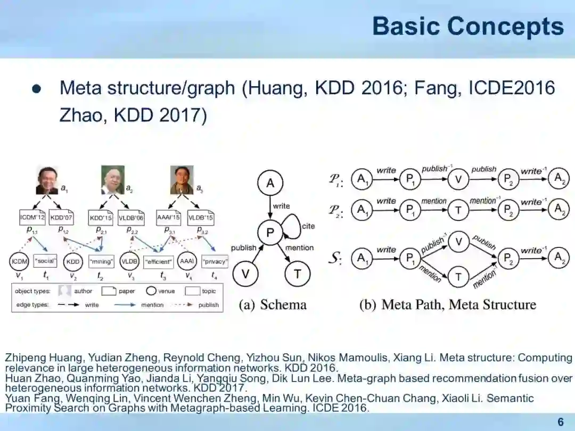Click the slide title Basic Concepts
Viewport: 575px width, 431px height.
pos(467,26)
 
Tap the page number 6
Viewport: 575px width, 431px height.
pos(560,422)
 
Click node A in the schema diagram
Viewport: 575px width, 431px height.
pos(270,184)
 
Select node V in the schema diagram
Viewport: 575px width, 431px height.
pos(245,274)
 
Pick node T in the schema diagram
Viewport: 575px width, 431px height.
pos(297,274)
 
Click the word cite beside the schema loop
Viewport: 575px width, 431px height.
pos(308,226)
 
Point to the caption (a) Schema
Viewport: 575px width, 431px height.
pos(273,305)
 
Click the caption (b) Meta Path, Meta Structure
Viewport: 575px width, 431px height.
pos(448,305)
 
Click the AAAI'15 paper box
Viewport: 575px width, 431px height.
pos(169,218)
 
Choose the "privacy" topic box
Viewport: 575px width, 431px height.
pos(215,262)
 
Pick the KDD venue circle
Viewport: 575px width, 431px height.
pos(73,262)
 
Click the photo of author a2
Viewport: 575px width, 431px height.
pos(112,180)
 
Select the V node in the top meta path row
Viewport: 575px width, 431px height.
pos(458,180)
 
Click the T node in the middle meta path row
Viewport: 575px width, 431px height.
pos(458,210)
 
